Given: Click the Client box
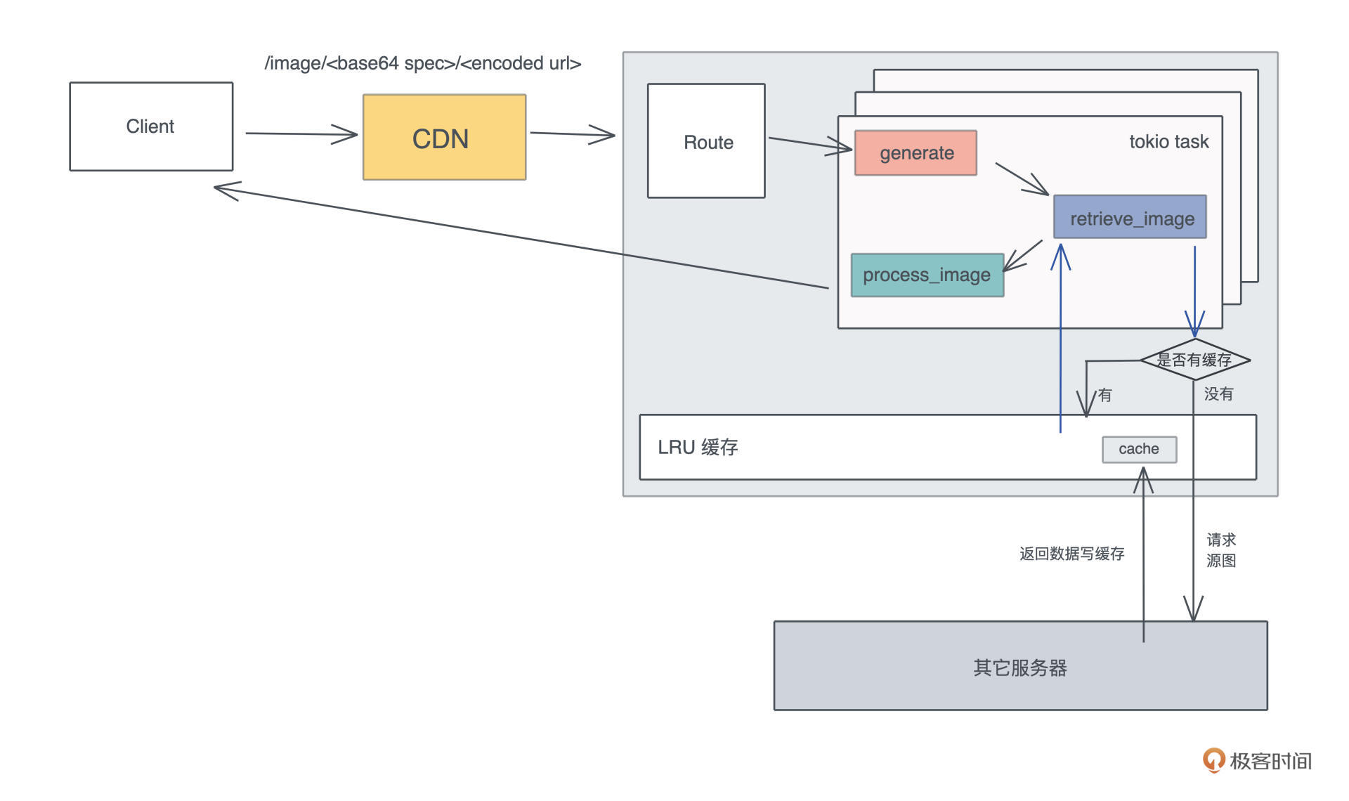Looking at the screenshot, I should (151, 126).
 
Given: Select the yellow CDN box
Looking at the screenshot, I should (444, 138).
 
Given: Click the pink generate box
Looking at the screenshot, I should (915, 152).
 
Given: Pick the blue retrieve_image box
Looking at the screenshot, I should (1130, 217).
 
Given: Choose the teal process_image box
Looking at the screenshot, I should (927, 275).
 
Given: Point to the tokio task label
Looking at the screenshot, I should (1168, 142).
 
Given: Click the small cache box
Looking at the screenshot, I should (1139, 449).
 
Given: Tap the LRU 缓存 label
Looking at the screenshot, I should (698, 448).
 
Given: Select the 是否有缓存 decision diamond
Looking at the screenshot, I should (1194, 360).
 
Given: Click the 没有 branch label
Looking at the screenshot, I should (1218, 394).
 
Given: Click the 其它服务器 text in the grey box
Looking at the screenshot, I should (1020, 667).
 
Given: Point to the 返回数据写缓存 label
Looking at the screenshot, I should (1071, 554).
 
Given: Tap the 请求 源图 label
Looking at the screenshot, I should (1221, 550).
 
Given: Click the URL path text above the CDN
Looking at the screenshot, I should (423, 63).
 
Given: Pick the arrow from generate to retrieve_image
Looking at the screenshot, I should (1022, 178).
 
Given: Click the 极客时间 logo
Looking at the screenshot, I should (1257, 760).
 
